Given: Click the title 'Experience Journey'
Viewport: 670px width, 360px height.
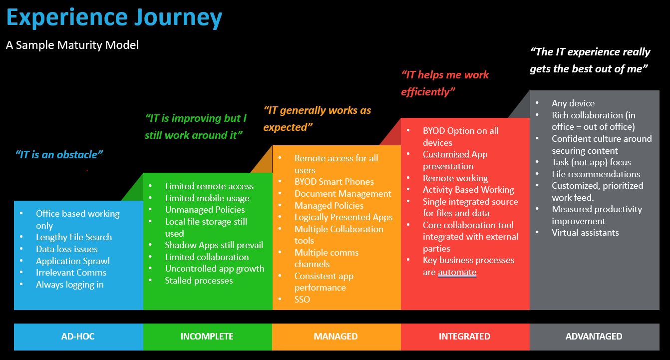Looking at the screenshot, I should [114, 18].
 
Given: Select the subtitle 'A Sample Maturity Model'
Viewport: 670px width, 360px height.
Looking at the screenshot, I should [72, 45].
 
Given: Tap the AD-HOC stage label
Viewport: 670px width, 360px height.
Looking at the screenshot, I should [78, 337].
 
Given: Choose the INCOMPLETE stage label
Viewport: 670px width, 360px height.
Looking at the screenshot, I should [207, 337].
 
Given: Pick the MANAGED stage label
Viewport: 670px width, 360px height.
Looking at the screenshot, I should [335, 337].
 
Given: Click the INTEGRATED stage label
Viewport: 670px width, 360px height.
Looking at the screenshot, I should [464, 337].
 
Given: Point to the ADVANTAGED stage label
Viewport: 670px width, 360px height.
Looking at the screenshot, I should [594, 337].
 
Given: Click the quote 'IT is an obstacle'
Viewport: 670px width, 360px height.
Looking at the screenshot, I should [59, 155].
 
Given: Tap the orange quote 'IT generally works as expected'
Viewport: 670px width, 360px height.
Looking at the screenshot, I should [317, 119].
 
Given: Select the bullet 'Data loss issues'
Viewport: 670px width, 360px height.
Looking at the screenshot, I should [67, 249].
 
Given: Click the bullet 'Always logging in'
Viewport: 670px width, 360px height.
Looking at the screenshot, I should [70, 285].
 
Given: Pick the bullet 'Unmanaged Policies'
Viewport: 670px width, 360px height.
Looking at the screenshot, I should [205, 210].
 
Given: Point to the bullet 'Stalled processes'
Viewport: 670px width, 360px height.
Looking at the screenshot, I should [199, 281].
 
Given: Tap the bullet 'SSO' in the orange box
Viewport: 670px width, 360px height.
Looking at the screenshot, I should [302, 300].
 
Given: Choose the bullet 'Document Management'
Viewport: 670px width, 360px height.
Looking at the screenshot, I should [342, 194].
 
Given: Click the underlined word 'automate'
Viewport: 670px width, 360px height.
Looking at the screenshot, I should [457, 272].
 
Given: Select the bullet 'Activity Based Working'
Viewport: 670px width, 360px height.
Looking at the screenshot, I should [468, 190].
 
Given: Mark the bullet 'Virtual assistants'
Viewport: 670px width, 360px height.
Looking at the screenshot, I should [585, 233].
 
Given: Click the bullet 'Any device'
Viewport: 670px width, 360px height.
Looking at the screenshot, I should [573, 103].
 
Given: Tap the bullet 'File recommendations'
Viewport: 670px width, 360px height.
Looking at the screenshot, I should [596, 174].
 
